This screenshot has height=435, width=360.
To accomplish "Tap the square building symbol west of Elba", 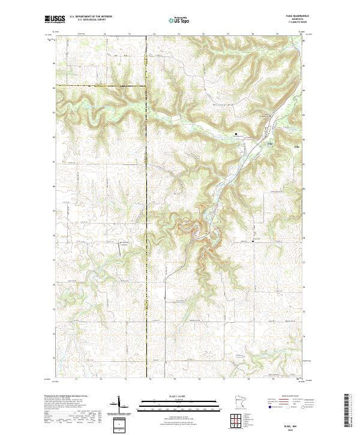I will tap(236, 134).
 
